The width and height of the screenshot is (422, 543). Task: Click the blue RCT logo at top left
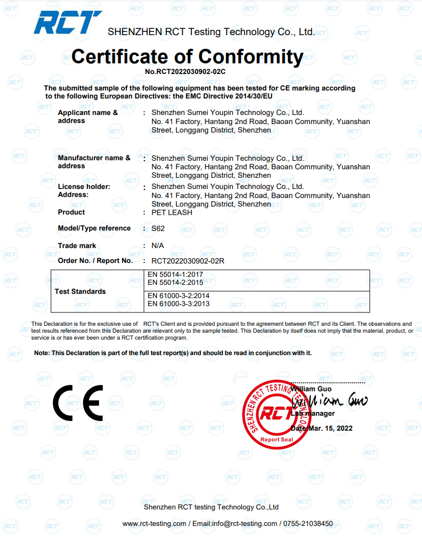point(67,23)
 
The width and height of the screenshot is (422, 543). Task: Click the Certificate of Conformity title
point(187,56)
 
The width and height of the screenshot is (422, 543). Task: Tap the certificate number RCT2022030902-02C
point(185,71)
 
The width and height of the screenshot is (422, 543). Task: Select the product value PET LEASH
point(172,212)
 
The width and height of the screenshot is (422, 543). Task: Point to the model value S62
point(158,228)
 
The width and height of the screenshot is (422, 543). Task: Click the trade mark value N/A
point(158,246)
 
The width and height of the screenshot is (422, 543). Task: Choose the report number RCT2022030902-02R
point(188,261)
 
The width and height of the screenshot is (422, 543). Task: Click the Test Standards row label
point(80,291)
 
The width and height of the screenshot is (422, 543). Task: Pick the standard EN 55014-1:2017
point(175,275)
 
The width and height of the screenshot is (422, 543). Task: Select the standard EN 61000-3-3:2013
point(178,304)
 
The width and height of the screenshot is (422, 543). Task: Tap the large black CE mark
point(78,402)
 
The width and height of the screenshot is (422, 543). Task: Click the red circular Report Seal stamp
point(276,414)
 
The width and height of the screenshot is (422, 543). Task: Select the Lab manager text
point(313,414)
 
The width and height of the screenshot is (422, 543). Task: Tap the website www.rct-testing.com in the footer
point(155,524)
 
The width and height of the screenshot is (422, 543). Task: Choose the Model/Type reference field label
point(94,228)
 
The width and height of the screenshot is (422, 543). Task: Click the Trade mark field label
point(77,246)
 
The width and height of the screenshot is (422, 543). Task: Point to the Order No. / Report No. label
point(95,261)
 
